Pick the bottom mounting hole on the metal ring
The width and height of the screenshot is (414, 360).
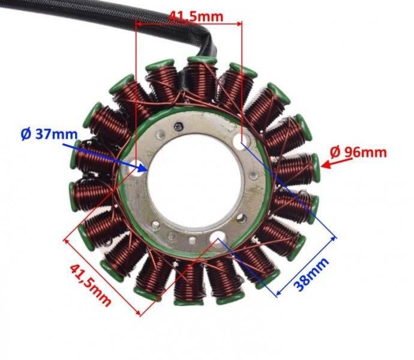[x=217, y=240]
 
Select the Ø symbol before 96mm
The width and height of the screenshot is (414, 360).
[x=335, y=152]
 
